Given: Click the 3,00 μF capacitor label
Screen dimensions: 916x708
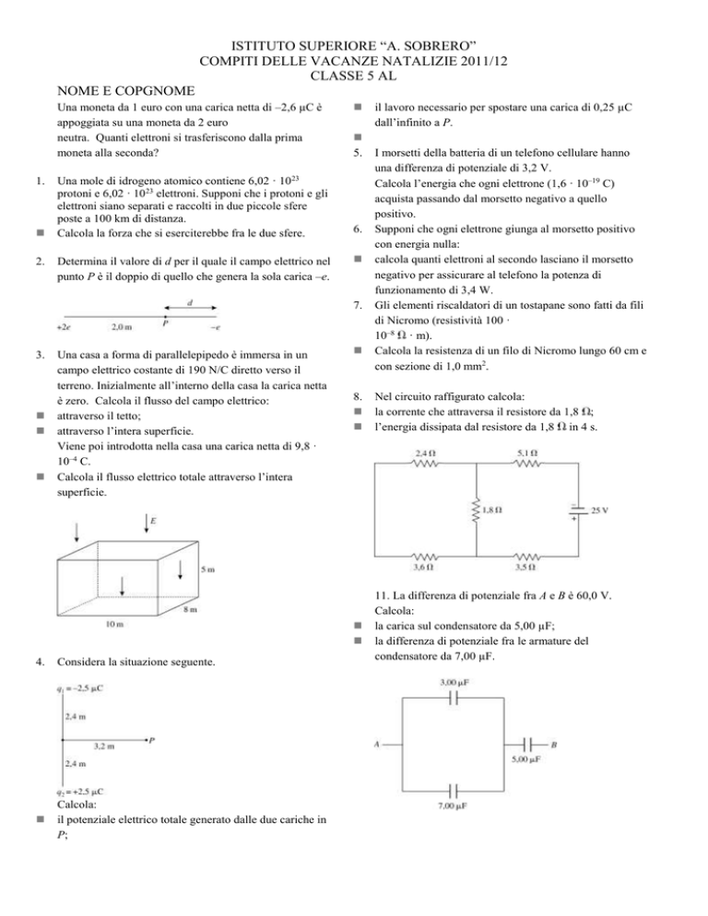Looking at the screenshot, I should [x=449, y=682].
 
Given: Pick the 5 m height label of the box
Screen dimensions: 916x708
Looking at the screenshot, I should [x=210, y=570].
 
